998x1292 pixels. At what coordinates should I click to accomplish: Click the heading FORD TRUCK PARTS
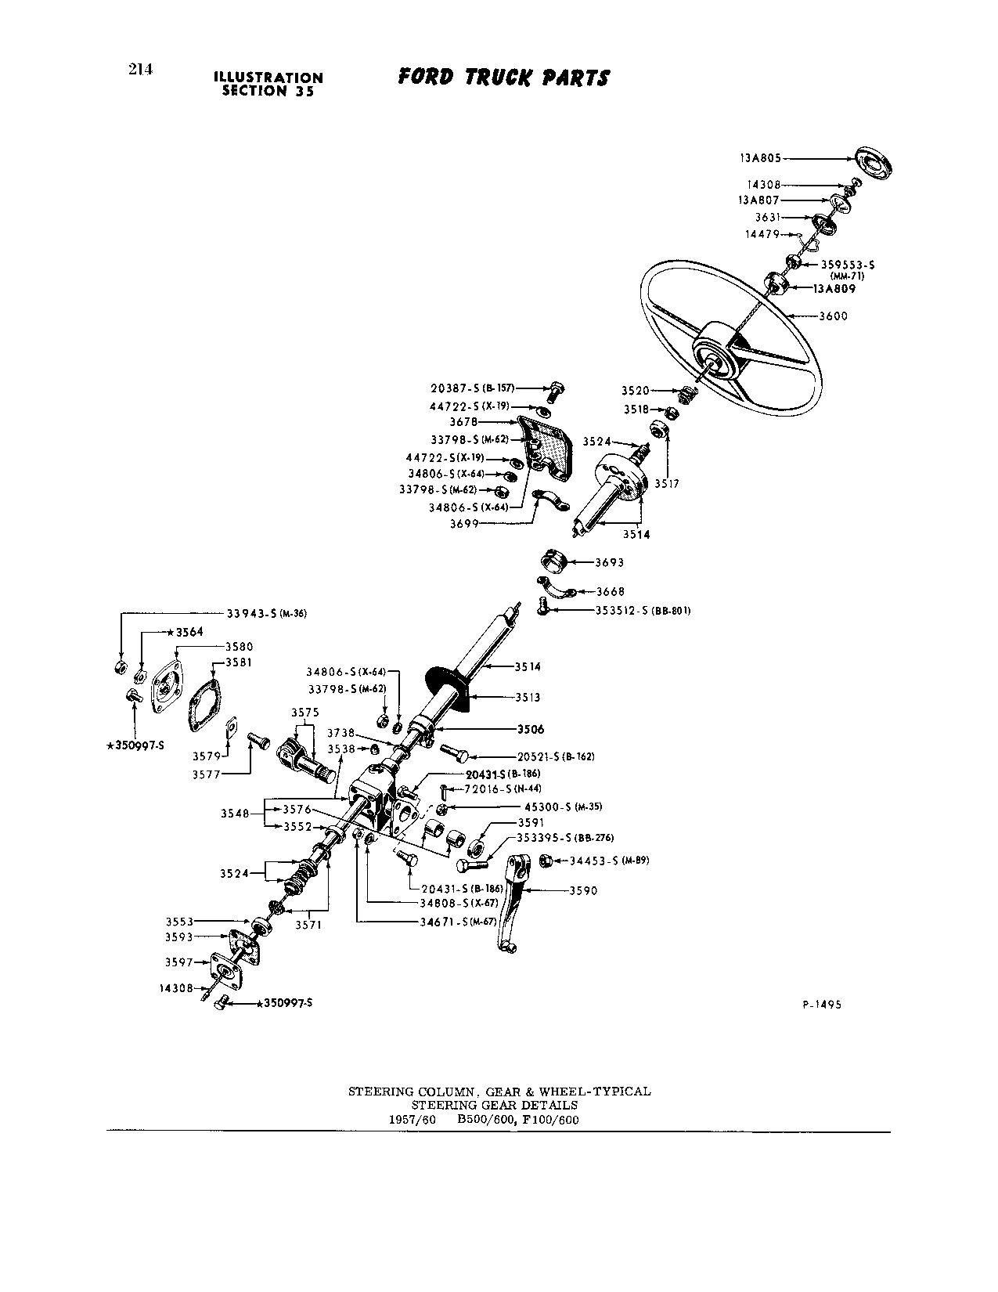[x=503, y=78]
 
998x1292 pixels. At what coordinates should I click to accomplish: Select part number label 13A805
[x=760, y=157]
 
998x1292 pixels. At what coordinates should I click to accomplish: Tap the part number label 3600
[x=833, y=316]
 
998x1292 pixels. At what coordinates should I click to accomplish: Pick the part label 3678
[x=464, y=422]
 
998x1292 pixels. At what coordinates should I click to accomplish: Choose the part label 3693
[x=610, y=562]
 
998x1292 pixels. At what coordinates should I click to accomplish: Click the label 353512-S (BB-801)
[x=642, y=610]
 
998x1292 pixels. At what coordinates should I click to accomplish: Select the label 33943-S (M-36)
[x=266, y=614]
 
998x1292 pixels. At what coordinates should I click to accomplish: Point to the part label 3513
[x=528, y=697]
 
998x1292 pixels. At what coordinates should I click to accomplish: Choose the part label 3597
[x=179, y=962]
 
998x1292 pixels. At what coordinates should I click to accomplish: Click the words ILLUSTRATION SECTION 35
[x=268, y=84]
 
